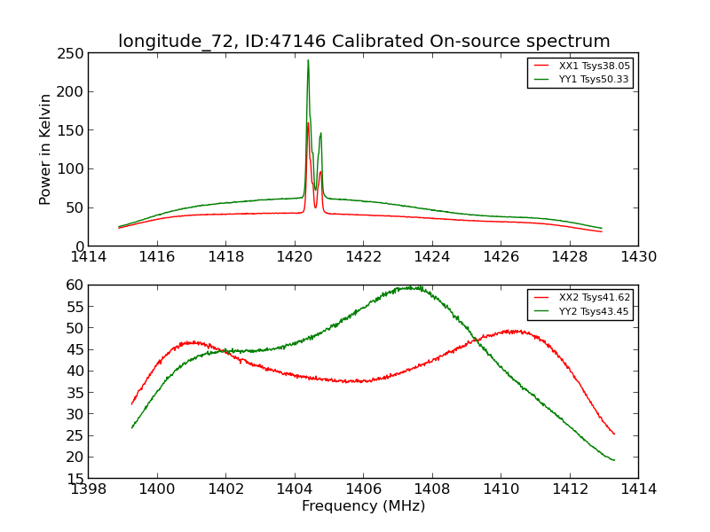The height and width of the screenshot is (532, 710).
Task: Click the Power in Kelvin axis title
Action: coord(45,149)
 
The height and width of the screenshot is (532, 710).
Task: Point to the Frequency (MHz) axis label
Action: coord(363,506)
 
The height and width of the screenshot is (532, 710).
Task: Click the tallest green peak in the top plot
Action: coord(308,60)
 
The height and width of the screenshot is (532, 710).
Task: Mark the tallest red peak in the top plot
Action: coord(308,123)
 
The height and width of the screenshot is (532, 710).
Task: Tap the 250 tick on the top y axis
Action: coord(71,52)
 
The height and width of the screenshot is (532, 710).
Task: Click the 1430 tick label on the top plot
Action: coord(638,256)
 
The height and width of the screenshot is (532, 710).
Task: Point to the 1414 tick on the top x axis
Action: coord(89,256)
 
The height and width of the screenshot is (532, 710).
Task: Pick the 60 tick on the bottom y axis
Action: coord(75,285)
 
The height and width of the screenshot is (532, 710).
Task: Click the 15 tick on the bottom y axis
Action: coord(75,479)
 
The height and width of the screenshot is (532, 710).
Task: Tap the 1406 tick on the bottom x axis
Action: coord(363,489)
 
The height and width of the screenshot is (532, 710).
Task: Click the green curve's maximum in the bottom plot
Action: coord(410,287)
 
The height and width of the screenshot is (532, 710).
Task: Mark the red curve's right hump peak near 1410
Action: coord(514,331)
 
